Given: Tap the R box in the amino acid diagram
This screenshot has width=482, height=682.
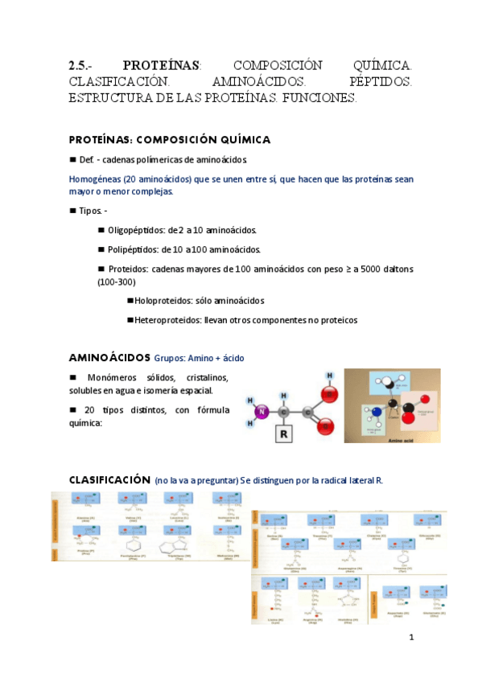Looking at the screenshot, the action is [x=282, y=435].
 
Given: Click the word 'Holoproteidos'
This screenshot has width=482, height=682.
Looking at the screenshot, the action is [x=163, y=300].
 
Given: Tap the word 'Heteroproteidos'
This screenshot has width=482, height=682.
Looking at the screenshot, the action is [x=168, y=320].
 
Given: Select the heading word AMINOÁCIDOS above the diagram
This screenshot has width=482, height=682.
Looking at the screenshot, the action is [x=109, y=356].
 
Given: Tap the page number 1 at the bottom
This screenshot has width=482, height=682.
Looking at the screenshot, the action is [x=411, y=638].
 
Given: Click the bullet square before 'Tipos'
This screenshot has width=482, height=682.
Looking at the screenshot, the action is [x=72, y=211].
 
